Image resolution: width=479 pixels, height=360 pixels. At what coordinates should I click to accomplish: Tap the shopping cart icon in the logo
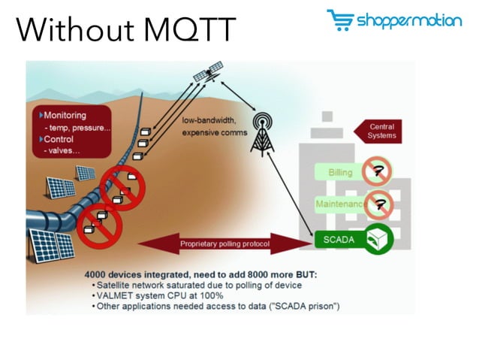[339, 20]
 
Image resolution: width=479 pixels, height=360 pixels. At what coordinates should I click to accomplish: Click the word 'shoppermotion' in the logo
[409, 21]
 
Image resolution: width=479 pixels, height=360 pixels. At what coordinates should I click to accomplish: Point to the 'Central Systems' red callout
[379, 132]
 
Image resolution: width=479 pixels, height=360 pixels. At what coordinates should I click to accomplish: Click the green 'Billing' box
[340, 173]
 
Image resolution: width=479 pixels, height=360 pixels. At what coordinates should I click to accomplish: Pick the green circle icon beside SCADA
[380, 239]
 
